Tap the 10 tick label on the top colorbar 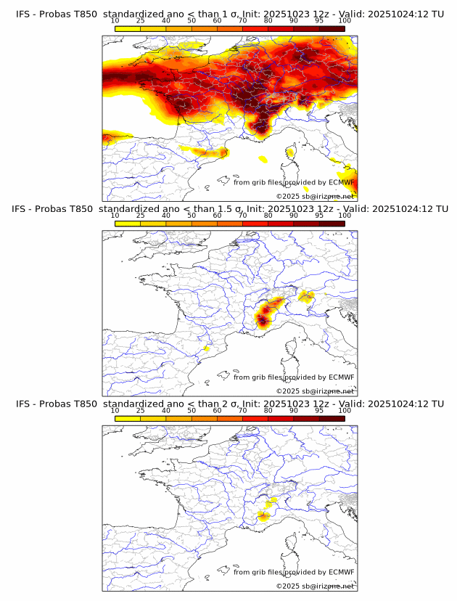115,21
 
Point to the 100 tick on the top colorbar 345,21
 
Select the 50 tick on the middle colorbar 192,216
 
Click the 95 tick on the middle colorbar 319,216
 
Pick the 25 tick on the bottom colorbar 141,410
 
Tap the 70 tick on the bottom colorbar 242,410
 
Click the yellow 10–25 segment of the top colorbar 128,28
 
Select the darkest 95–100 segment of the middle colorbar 332,223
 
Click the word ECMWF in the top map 341,182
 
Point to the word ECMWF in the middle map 341,377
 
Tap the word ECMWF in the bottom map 341,572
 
